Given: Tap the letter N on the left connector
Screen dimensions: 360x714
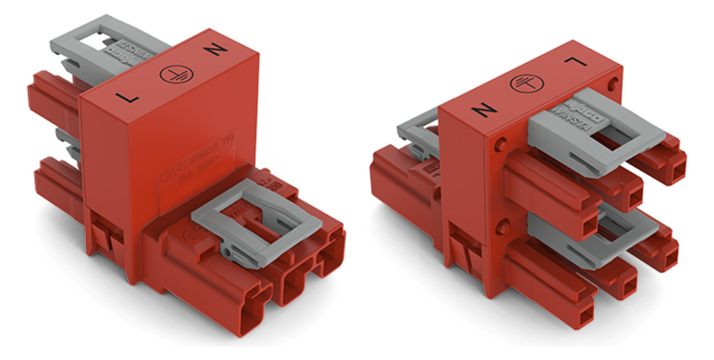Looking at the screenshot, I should click(216, 50).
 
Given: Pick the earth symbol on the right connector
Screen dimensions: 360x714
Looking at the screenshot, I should click(524, 83).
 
